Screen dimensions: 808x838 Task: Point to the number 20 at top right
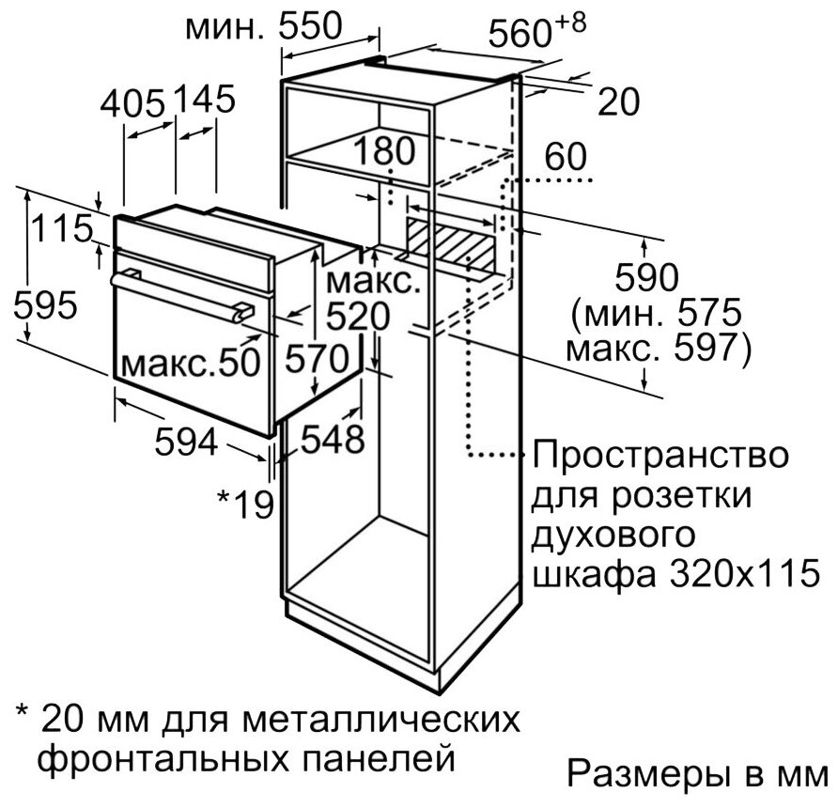618,101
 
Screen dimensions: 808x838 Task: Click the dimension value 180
384,150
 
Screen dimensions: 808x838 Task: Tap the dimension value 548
332,438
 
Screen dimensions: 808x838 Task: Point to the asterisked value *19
245,503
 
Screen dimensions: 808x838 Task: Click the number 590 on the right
644,279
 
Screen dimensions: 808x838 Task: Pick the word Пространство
658,459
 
